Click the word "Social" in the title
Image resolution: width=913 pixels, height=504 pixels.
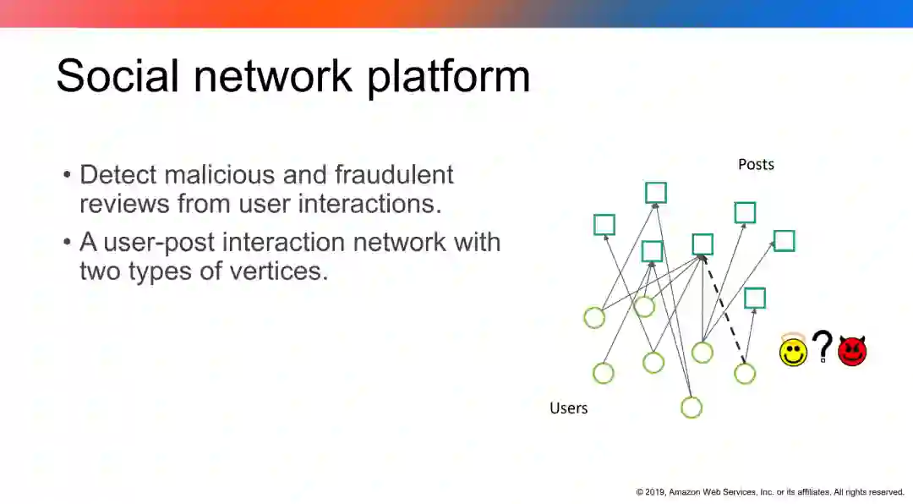coord(117,76)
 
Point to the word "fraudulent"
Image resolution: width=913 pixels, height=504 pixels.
coord(394,175)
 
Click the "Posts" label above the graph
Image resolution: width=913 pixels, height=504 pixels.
coord(756,164)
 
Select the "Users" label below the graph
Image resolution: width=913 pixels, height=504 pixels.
coord(568,408)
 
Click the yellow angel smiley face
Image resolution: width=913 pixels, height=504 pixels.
coord(793,350)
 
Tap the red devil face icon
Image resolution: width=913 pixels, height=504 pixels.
coord(852,350)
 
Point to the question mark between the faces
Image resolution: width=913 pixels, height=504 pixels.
coord(822,347)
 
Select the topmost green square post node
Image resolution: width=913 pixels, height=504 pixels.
coord(656,193)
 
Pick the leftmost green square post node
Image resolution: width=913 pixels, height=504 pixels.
coord(604,225)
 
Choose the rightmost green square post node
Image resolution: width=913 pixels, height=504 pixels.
coord(784,241)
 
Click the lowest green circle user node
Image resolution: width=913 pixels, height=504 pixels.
coord(692,408)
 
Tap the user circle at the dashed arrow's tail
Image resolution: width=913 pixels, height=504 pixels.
coord(745,373)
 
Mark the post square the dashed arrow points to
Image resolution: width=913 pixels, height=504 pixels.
coord(703,244)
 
